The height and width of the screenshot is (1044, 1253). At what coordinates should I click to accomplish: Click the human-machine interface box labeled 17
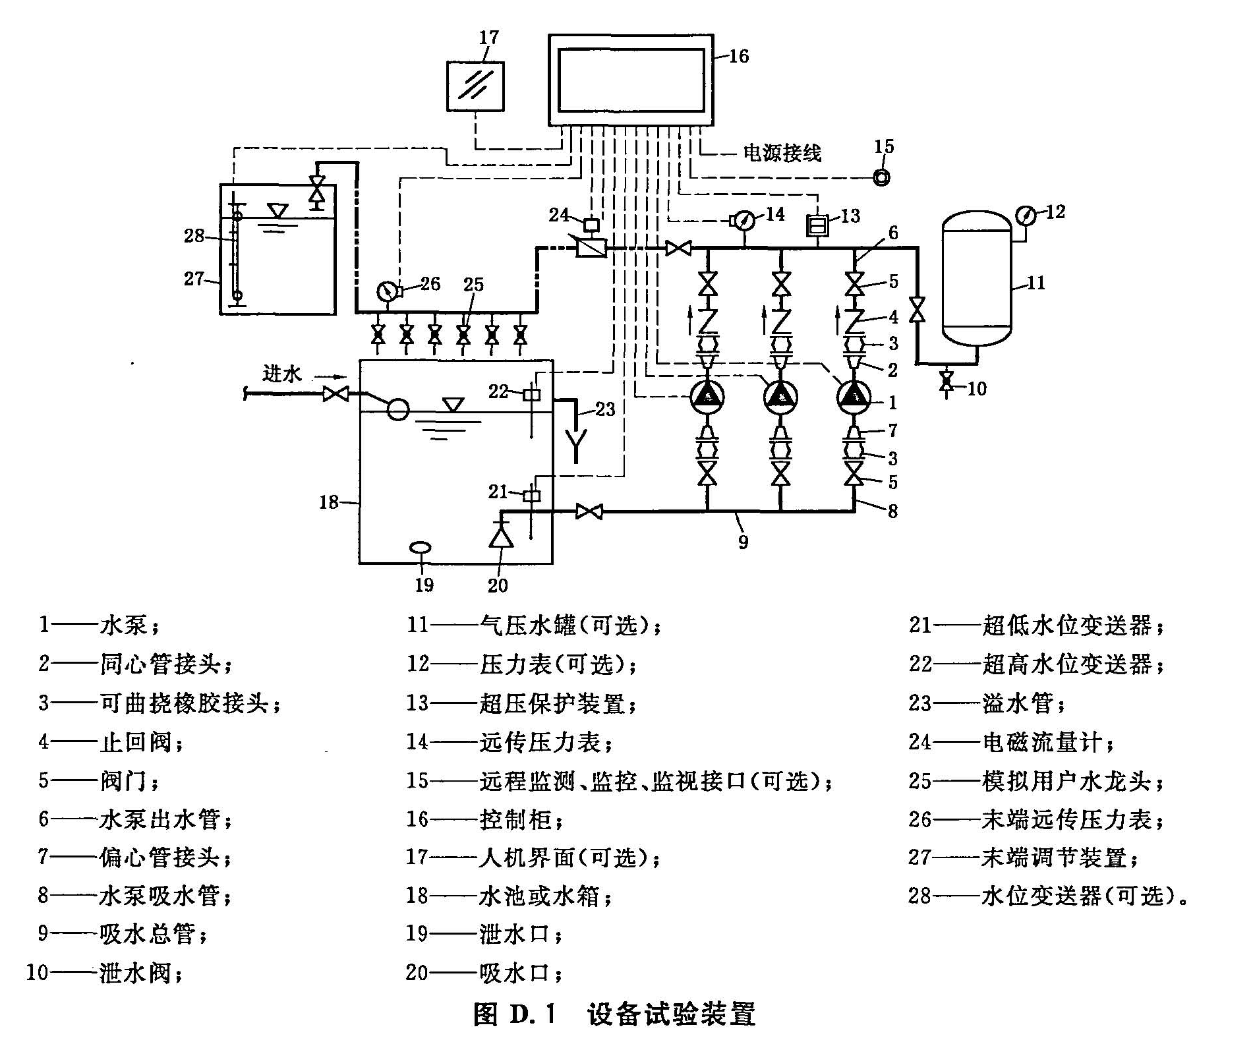475,86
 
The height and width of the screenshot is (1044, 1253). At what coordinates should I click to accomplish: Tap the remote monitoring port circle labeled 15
881,177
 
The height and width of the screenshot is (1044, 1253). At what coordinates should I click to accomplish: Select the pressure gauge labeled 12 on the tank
1026,216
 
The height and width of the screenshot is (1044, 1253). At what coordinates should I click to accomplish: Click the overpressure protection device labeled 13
817,226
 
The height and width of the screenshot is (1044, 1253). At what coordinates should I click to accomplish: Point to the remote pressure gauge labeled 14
744,219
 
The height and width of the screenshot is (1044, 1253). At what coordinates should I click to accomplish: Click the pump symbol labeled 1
854,397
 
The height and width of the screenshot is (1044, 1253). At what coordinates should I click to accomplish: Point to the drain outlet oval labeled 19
421,547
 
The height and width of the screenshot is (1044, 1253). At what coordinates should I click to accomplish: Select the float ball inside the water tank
397,409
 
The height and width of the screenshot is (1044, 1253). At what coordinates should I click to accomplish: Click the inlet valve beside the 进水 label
336,394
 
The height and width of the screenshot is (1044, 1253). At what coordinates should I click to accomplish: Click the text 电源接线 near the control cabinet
782,153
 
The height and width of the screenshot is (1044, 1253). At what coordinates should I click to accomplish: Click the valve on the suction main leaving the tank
589,511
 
